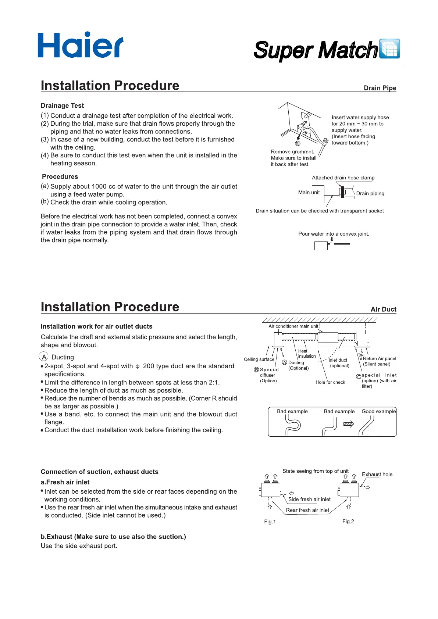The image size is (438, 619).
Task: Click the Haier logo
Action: pos(80,45)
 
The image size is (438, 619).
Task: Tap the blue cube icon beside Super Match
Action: pos(389,49)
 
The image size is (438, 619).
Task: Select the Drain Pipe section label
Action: pos(380,88)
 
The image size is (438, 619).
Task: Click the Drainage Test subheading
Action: pos(62,105)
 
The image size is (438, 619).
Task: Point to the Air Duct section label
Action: pos(383,309)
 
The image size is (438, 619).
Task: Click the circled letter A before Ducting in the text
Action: pos(44,357)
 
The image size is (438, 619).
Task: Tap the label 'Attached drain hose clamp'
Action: pos(343,178)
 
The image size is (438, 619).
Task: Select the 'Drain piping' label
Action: pos(370,193)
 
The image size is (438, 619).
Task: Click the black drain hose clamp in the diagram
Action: pos(342,192)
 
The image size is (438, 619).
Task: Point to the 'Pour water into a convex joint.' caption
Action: pos(334,234)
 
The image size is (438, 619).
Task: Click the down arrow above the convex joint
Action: pos(332,239)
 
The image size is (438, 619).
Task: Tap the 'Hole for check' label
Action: pos(330,382)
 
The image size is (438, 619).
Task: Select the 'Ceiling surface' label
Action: pos(259,359)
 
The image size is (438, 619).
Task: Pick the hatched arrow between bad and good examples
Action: pos(348,424)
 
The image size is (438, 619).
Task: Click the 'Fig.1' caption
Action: pos(270,522)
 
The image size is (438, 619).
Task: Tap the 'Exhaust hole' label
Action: pos(377,475)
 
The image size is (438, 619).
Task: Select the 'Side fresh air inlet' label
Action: pos(309,499)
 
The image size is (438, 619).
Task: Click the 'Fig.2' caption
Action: pos(348,521)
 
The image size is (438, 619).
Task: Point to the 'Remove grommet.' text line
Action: pos(292,151)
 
